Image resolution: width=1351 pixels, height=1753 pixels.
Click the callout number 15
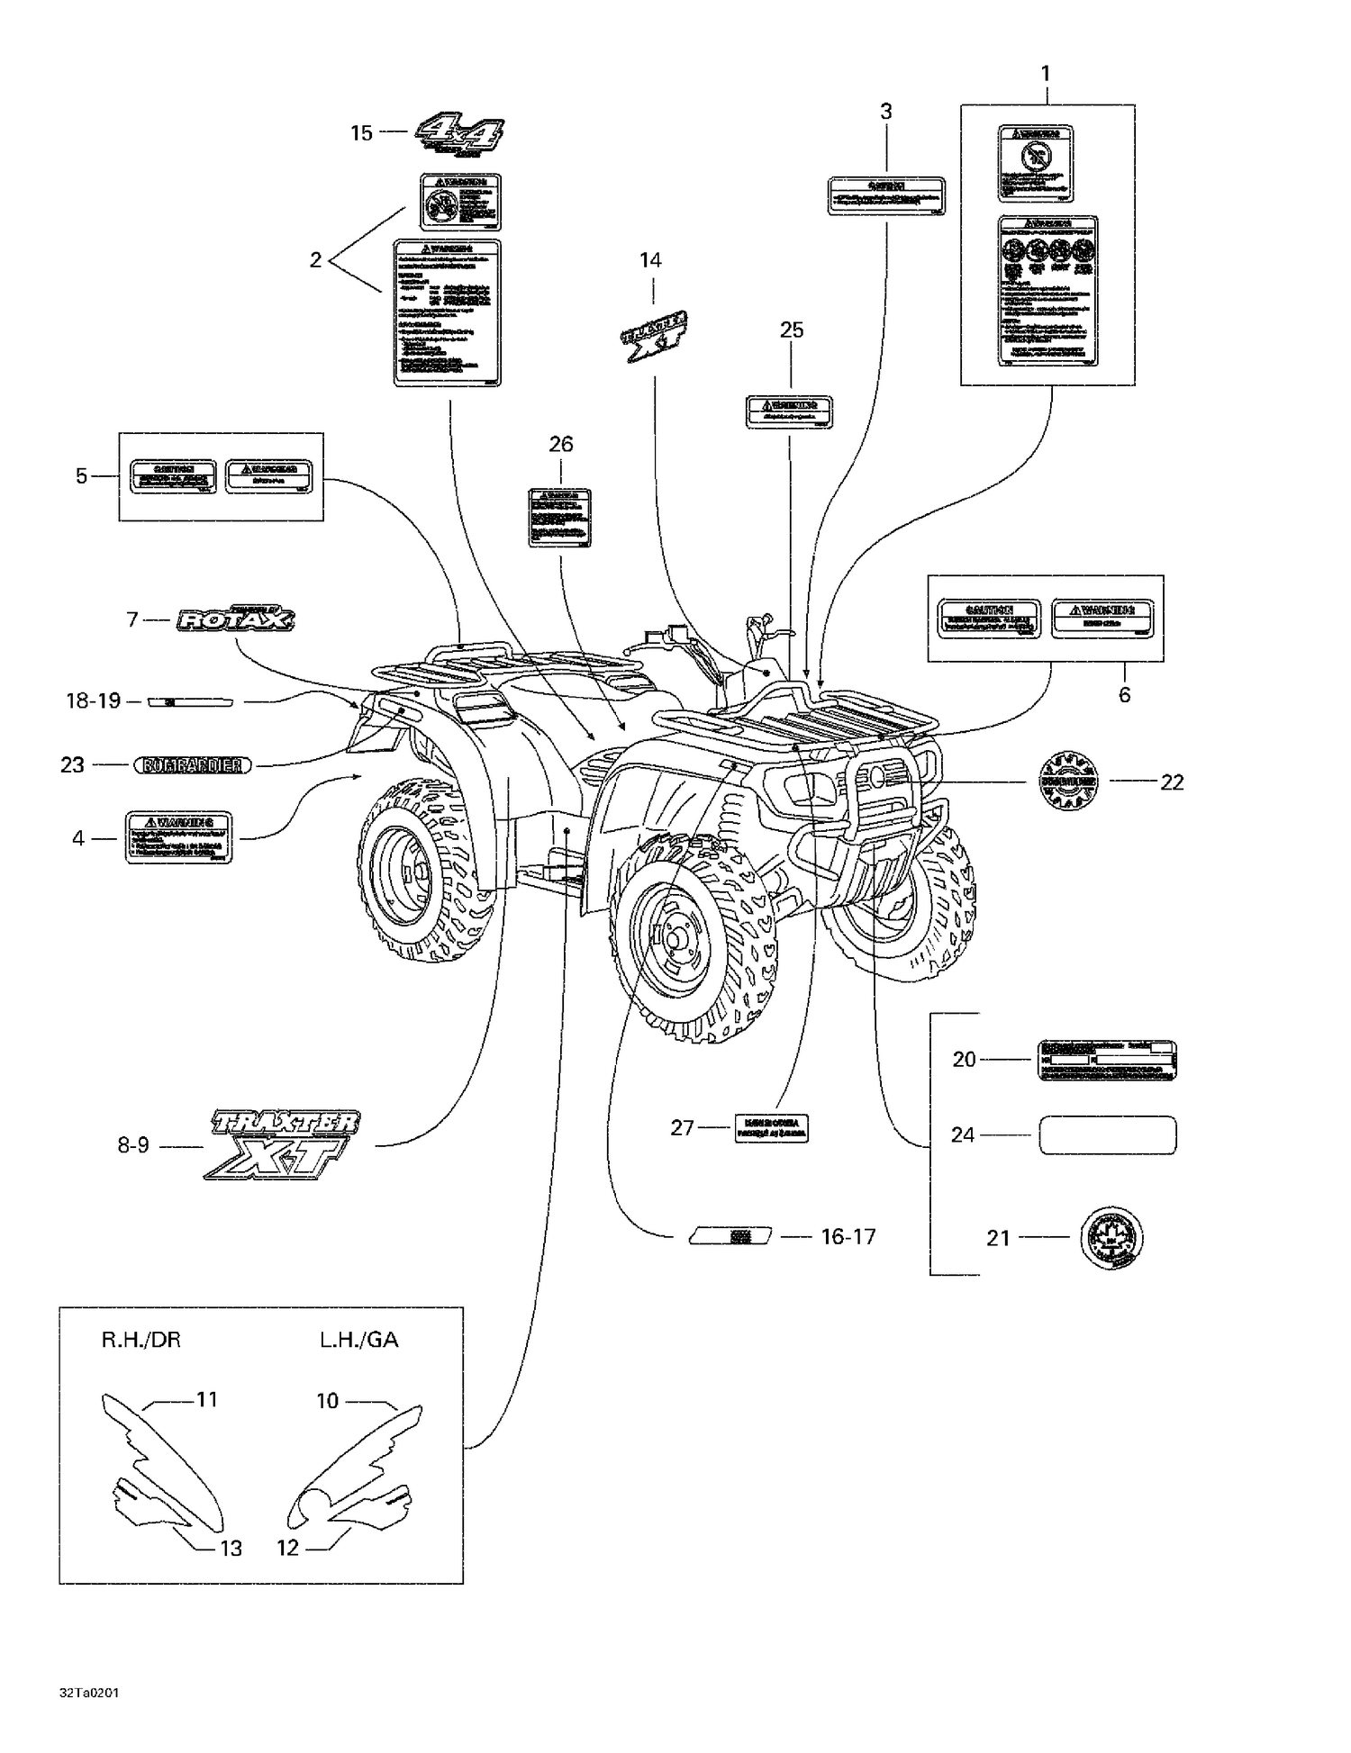coord(361,133)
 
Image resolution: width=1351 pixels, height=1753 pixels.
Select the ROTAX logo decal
coord(236,619)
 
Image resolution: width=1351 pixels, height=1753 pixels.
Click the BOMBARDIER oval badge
coord(193,765)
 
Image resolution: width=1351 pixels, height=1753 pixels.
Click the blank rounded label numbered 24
coord(1108,1135)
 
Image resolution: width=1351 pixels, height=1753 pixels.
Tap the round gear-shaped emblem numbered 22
coord(1068,782)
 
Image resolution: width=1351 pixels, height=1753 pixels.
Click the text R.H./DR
coord(141,1340)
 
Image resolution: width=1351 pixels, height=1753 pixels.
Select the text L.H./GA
coord(358,1340)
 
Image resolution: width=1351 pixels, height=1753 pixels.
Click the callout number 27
coord(682,1127)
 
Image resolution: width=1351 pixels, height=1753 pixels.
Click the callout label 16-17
coord(848,1237)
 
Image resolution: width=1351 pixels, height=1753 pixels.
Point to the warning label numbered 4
coord(178,837)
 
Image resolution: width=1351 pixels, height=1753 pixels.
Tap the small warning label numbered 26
coord(559,518)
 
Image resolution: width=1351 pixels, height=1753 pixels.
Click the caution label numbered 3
coord(886,195)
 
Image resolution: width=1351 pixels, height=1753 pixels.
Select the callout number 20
coord(964,1060)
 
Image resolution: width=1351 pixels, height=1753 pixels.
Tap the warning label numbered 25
coord(789,411)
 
